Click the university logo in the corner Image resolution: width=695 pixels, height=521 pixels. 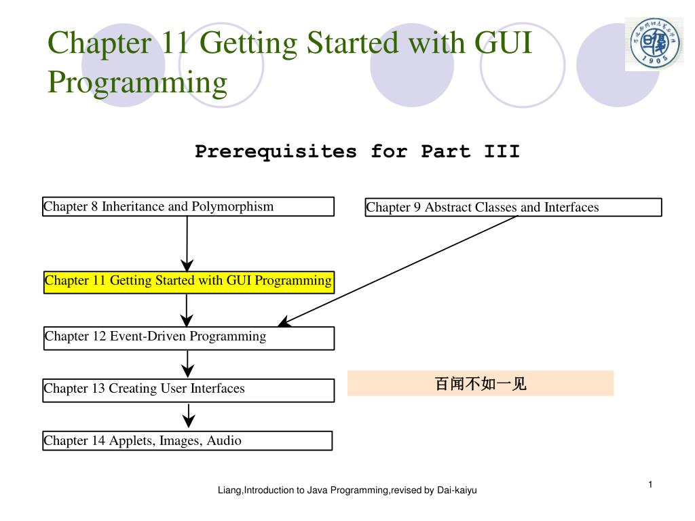(654, 45)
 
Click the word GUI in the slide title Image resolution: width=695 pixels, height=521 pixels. (503, 43)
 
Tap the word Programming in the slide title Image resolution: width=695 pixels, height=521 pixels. (138, 82)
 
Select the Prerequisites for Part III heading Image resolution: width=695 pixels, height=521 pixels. (357, 151)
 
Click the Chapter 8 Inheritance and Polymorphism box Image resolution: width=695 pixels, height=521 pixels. (188, 206)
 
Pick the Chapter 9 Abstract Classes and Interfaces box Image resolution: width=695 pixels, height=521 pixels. (512, 207)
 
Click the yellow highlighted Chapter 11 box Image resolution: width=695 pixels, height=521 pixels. (189, 281)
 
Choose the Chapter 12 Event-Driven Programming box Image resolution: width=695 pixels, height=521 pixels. (189, 337)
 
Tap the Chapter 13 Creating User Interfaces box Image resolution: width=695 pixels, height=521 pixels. (188, 389)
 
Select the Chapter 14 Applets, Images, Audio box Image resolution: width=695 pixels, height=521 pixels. (187, 441)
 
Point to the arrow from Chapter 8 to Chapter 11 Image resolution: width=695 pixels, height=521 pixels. (187, 244)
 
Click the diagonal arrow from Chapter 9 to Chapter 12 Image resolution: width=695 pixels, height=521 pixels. (399, 270)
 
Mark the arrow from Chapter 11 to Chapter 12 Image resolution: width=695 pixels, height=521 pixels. (187, 310)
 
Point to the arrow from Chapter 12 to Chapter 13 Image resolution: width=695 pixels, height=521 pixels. (188, 364)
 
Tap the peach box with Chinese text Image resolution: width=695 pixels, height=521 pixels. (480, 384)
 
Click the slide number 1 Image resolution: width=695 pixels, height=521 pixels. (650, 484)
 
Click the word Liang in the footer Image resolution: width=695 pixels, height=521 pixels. (229, 490)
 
